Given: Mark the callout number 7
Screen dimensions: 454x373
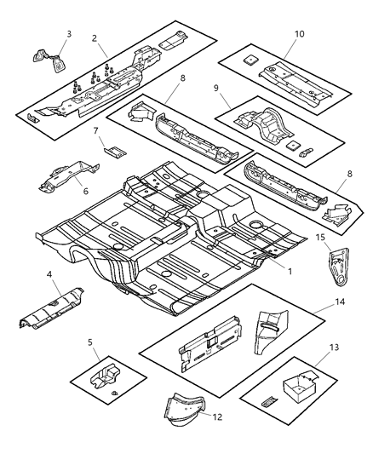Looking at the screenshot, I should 97,133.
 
